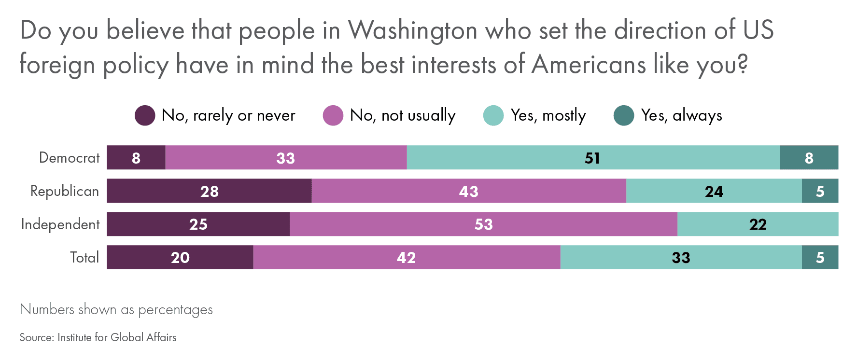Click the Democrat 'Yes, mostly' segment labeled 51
pyautogui.click(x=593, y=158)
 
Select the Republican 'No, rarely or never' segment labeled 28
pyautogui.click(x=209, y=191)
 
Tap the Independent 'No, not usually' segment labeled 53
pyautogui.click(x=483, y=224)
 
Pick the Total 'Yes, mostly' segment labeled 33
pyautogui.click(x=681, y=258)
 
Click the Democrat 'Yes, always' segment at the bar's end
pyautogui.click(x=809, y=158)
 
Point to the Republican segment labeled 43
pyautogui.click(x=468, y=191)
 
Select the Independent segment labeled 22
pyautogui.click(x=758, y=224)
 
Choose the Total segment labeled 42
pyautogui.click(x=406, y=258)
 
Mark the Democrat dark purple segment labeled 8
pyautogui.click(x=136, y=158)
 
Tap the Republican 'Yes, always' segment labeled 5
pyautogui.click(x=820, y=191)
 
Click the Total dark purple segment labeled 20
pyautogui.click(x=180, y=258)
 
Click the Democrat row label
pyautogui.click(x=70, y=158)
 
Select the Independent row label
pyautogui.click(x=60, y=224)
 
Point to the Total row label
pyautogui.click(x=84, y=258)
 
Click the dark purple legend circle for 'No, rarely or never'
pyautogui.click(x=145, y=116)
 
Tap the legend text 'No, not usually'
pyautogui.click(x=403, y=116)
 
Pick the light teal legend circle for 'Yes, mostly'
pyautogui.click(x=493, y=116)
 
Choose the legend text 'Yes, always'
pyautogui.click(x=681, y=116)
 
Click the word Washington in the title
pyautogui.click(x=413, y=30)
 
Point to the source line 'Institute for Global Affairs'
pyautogui.click(x=117, y=337)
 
